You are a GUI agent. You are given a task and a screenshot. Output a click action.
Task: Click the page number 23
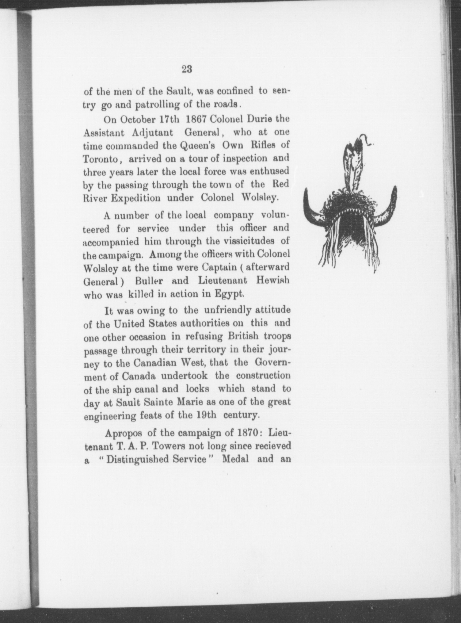[x=187, y=69]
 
